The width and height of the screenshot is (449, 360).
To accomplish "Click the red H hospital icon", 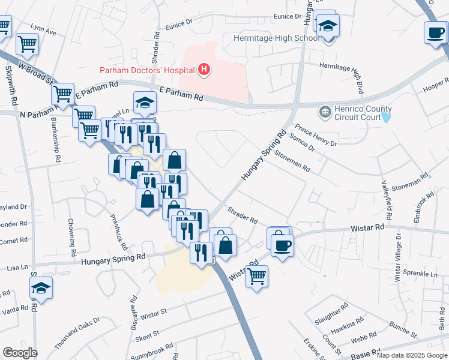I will (x=205, y=70).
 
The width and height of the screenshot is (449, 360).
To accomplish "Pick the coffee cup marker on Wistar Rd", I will (x=282, y=244).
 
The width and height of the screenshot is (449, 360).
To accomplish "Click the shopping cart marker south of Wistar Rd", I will (x=256, y=277).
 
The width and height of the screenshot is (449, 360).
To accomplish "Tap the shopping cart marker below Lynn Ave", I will (x=27, y=44).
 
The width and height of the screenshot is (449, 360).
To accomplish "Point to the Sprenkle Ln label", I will (x=420, y=274).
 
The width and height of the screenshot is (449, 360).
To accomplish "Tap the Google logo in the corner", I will (x=20, y=352).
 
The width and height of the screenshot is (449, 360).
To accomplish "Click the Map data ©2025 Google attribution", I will (x=412, y=355).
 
